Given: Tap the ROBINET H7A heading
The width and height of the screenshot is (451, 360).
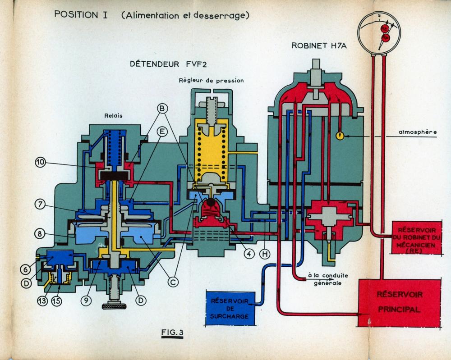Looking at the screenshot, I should click(318, 45).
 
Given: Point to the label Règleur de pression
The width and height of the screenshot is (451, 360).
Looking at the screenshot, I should click(211, 81).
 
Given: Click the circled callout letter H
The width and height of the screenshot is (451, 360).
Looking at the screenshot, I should click(266, 254).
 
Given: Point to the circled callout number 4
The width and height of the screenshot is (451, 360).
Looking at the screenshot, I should click(248, 253).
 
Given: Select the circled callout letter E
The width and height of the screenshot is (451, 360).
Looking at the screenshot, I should click(162, 131).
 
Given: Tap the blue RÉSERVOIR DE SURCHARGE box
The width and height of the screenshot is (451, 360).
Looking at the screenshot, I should click(230, 308).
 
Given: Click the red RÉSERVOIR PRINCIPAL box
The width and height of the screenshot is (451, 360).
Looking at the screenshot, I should click(399, 302).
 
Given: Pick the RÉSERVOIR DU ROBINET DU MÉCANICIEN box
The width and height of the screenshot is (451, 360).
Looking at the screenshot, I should click(414, 238).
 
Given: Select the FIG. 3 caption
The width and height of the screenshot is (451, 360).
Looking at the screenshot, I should click(172, 333).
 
